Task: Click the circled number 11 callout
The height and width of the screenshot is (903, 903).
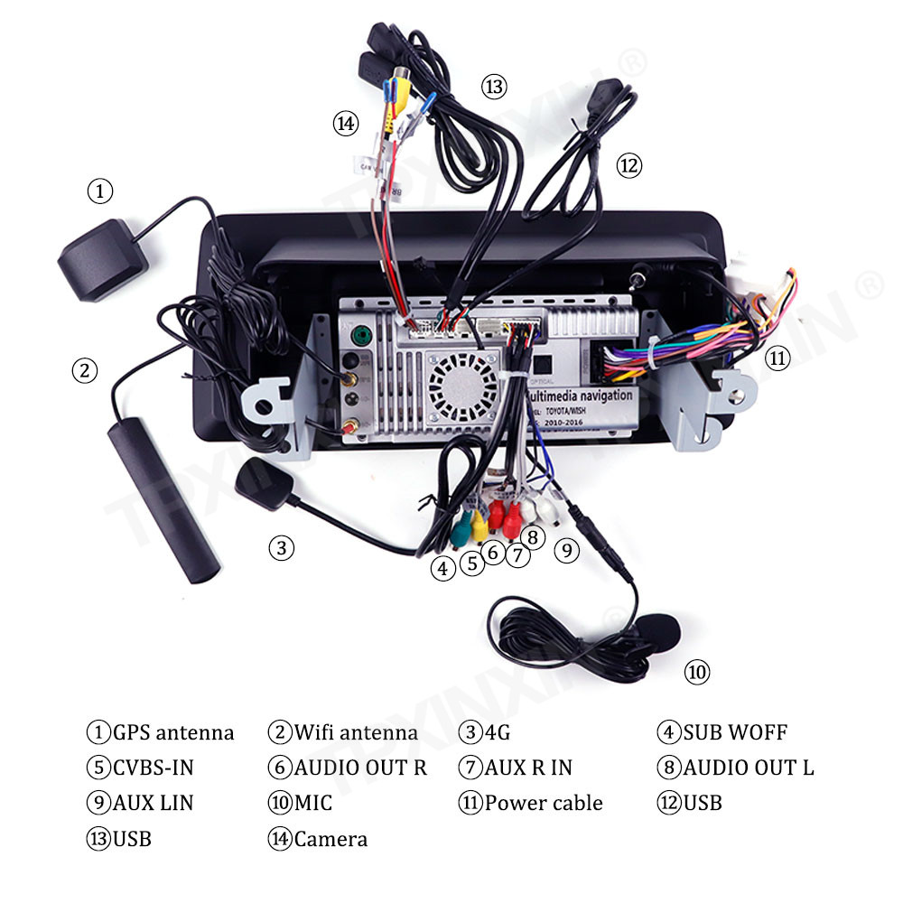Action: click(777, 358)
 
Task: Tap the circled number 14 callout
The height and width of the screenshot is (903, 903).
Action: click(346, 124)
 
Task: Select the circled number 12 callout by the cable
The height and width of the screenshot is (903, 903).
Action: click(628, 165)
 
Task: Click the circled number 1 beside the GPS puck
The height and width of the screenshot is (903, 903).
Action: click(100, 191)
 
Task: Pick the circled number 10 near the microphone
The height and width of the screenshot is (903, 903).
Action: click(696, 672)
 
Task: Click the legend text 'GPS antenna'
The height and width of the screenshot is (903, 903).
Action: click(172, 732)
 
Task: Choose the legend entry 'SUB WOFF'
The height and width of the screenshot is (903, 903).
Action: click(735, 732)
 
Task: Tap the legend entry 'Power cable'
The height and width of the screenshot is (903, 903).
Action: click(543, 803)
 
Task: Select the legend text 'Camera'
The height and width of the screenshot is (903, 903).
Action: click(330, 839)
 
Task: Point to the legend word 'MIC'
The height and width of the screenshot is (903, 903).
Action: click(312, 803)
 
